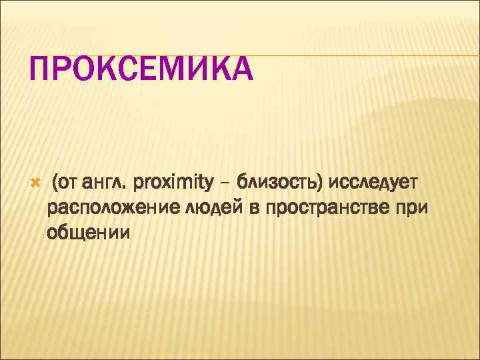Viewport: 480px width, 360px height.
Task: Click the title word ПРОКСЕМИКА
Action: (x=141, y=70)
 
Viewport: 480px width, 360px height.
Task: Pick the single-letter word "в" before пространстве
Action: (x=254, y=208)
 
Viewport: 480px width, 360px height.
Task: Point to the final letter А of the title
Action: (x=240, y=70)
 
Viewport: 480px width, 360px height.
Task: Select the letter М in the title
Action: (x=175, y=70)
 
